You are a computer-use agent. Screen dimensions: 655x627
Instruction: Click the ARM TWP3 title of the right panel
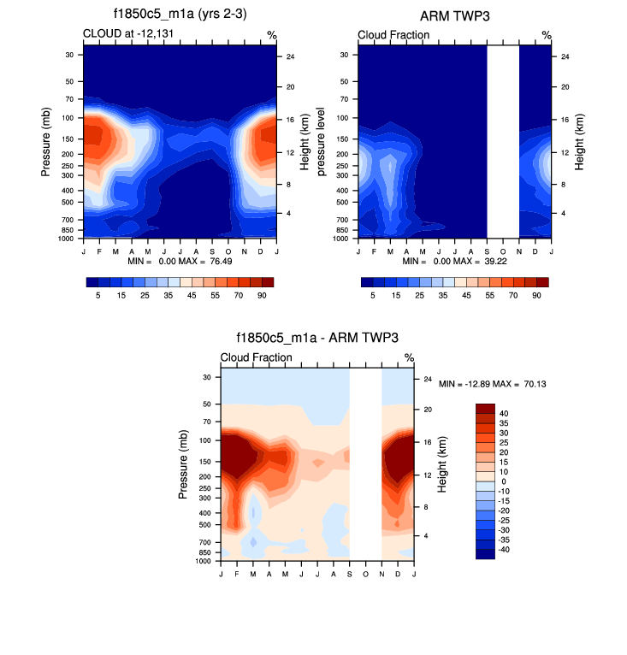[x=453, y=16]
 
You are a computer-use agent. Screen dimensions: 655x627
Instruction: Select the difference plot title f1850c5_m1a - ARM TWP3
[x=316, y=339]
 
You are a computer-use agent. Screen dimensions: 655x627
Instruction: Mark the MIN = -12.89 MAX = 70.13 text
[x=492, y=385]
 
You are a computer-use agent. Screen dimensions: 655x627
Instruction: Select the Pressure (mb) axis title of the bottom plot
[x=183, y=466]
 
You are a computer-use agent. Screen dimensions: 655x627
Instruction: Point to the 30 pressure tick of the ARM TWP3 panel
[x=346, y=55]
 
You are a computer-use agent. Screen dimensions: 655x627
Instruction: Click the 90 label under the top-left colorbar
[x=261, y=294]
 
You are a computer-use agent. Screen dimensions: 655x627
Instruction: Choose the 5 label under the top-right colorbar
[x=373, y=294]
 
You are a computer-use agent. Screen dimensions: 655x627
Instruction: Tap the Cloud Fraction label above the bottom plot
[x=256, y=357]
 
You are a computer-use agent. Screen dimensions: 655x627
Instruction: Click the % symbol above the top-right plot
[x=547, y=35]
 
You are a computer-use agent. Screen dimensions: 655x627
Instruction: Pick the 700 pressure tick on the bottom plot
[x=204, y=542]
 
